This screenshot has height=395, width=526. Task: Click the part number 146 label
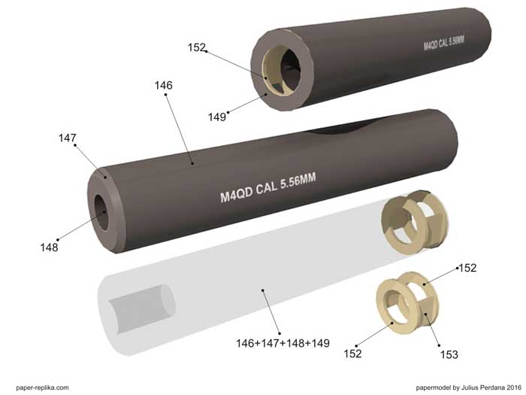pyautogui.click(x=163, y=86)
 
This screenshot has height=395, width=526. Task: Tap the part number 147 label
pyautogui.click(x=68, y=138)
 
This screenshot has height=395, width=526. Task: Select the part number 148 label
pyautogui.click(x=49, y=248)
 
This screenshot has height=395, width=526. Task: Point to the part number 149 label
pyautogui.click(x=217, y=117)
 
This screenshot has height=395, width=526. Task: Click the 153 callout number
pyautogui.click(x=449, y=354)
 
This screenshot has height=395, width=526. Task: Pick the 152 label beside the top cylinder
pyautogui.click(x=197, y=47)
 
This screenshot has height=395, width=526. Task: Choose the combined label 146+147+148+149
pyautogui.click(x=283, y=343)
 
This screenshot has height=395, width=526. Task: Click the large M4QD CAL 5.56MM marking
pyautogui.click(x=268, y=187)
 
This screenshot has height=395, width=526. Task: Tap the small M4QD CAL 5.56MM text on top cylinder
pyautogui.click(x=444, y=44)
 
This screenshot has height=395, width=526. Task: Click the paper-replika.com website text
pyautogui.click(x=42, y=387)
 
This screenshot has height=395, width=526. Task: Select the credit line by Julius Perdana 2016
pyautogui.click(x=469, y=387)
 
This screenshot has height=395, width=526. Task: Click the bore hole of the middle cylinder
pyautogui.click(x=101, y=211)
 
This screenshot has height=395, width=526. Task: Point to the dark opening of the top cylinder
pyautogui.click(x=290, y=70)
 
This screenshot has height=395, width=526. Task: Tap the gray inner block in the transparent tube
pyautogui.click(x=142, y=309)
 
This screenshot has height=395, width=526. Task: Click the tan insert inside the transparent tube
pyautogui.click(x=415, y=221)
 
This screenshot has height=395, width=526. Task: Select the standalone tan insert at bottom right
pyautogui.click(x=407, y=303)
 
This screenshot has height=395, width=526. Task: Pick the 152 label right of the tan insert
pyautogui.click(x=467, y=268)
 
